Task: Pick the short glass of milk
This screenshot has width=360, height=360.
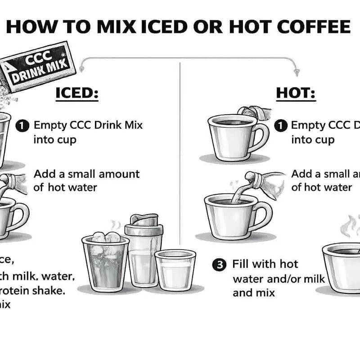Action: pos(175,270)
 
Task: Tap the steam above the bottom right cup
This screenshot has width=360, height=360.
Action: pos(349,225)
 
